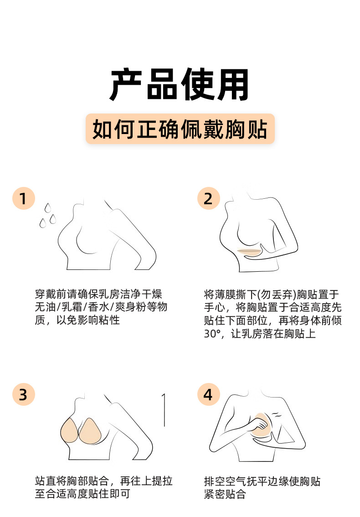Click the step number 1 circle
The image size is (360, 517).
tap(24, 198)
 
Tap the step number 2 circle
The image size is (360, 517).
tap(208, 198)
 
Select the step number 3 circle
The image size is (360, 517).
tap(24, 394)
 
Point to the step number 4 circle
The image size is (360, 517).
tap(208, 394)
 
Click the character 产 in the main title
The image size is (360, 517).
tap(126, 85)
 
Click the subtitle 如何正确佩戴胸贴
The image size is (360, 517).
tap(180, 129)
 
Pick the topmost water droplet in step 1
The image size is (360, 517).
tap(48, 208)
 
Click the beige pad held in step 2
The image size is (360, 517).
tap(249, 252)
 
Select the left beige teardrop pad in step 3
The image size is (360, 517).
tap(69, 431)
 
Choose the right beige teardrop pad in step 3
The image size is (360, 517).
tap(90, 431)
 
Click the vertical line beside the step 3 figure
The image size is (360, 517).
tap(164, 410)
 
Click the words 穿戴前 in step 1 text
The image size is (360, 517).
tap(51, 294)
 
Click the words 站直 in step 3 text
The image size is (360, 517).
tap(46, 481)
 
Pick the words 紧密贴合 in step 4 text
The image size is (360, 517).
tap(225, 494)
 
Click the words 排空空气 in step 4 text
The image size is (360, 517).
tap(225, 481)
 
